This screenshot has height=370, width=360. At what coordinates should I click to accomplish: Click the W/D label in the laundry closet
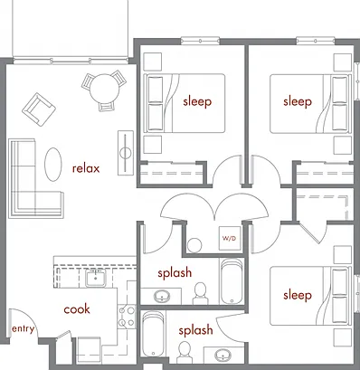point(229,238)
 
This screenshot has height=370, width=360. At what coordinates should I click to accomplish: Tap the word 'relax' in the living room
point(86,168)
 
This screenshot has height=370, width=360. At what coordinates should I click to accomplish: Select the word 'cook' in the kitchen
point(77,309)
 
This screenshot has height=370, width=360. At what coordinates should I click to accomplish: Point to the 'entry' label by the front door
point(23,328)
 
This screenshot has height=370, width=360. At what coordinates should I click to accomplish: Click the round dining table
point(104,89)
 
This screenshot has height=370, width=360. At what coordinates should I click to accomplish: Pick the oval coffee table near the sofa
point(53,165)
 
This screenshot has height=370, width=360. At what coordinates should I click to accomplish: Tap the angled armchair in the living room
point(39,109)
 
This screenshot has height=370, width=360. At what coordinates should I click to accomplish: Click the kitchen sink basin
point(96,279)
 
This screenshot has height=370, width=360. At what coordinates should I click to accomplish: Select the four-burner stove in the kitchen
point(127,317)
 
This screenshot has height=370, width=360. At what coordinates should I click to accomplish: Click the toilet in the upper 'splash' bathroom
point(200,294)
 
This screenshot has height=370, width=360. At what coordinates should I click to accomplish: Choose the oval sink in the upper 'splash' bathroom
point(162,297)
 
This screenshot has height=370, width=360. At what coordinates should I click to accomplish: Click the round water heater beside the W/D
point(194,245)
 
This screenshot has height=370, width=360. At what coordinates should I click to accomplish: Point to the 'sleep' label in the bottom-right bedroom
point(298,295)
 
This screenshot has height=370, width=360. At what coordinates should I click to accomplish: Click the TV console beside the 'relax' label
point(126,153)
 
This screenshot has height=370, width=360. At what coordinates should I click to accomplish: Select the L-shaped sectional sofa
point(35,178)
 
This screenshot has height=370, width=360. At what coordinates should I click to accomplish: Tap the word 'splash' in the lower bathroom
point(195,331)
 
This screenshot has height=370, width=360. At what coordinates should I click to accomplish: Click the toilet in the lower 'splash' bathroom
point(184,352)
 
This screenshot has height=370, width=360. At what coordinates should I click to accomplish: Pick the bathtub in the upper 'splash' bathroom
point(232,281)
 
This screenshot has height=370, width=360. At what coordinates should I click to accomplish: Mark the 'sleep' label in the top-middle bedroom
point(197,101)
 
